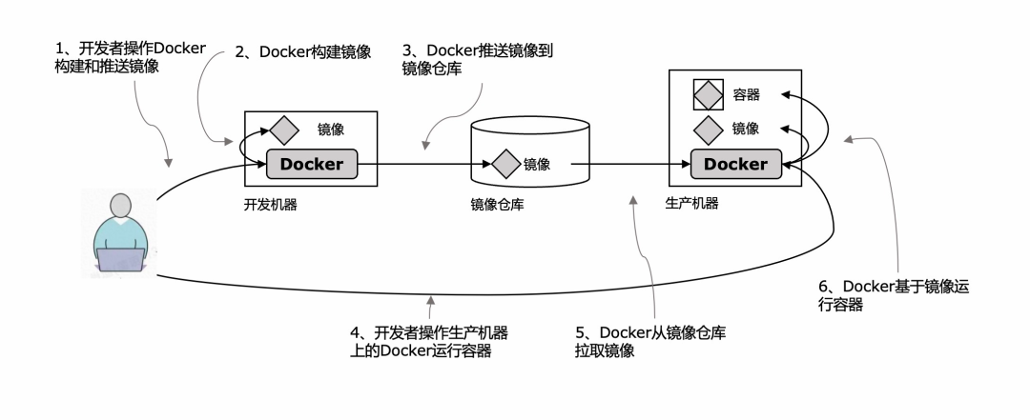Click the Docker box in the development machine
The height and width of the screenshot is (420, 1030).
tap(311, 164)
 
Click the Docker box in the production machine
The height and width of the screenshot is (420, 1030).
tap(735, 164)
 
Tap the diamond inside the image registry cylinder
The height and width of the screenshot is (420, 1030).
tap(505, 164)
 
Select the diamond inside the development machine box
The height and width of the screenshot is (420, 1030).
tap(284, 130)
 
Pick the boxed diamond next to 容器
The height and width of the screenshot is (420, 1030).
tap(709, 95)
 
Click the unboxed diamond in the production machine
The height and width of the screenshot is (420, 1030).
tap(709, 130)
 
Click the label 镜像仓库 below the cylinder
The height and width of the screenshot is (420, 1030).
tap(497, 206)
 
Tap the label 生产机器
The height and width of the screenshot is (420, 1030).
tap(691, 204)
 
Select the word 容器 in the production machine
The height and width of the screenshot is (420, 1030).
tap(746, 95)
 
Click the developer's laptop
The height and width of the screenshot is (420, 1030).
tap(121, 260)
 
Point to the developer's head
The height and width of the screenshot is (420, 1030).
tap(120, 206)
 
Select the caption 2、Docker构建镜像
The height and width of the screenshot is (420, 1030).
tap(303, 52)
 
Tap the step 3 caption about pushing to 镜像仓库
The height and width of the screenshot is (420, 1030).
tap(477, 60)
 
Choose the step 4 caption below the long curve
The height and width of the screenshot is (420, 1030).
tap(429, 341)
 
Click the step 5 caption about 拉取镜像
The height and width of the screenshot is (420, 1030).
tap(650, 341)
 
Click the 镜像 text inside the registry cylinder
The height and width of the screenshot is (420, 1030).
tap(537, 164)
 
